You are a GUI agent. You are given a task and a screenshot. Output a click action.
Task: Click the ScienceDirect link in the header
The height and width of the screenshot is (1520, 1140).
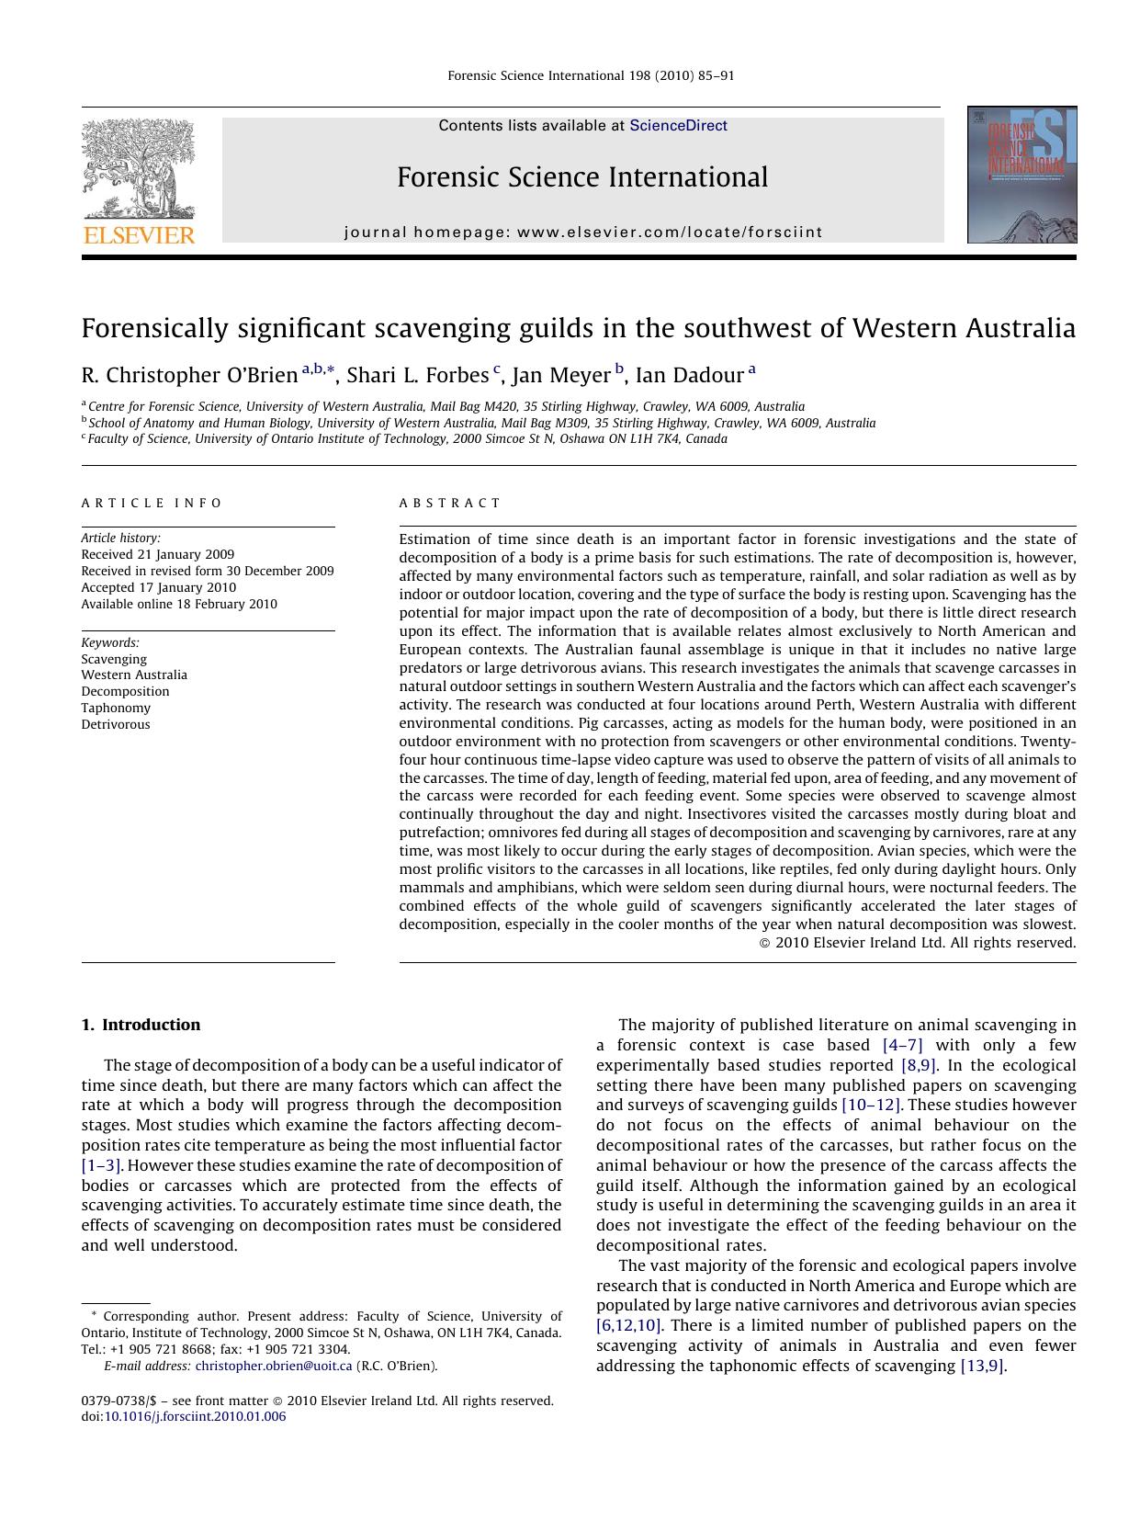[x=678, y=126]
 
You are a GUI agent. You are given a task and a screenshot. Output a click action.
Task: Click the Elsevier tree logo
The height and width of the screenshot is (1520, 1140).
[x=139, y=169]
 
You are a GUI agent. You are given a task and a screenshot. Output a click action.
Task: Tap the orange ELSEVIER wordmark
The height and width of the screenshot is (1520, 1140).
[x=139, y=235]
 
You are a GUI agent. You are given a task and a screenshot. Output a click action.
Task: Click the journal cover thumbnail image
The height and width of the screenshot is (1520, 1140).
[x=1021, y=175]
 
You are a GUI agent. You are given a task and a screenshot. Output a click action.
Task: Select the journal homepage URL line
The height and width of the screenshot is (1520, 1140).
[x=583, y=233]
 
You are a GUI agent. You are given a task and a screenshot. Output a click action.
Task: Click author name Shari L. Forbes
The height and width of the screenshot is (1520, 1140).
[x=418, y=375]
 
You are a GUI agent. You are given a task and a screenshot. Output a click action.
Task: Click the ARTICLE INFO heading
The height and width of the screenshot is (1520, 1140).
[x=152, y=503]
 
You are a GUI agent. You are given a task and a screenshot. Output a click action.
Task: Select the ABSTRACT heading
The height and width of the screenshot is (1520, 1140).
[x=450, y=503]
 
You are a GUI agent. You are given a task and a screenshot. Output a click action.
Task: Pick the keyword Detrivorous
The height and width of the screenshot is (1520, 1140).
[x=116, y=724]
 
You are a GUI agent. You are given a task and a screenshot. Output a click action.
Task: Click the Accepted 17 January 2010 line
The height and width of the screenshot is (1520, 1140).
[x=158, y=587]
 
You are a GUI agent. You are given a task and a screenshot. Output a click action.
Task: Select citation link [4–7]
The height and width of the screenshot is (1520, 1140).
[x=902, y=1045]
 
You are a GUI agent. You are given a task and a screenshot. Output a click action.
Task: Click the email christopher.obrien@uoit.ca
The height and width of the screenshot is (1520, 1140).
[x=274, y=1366]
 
